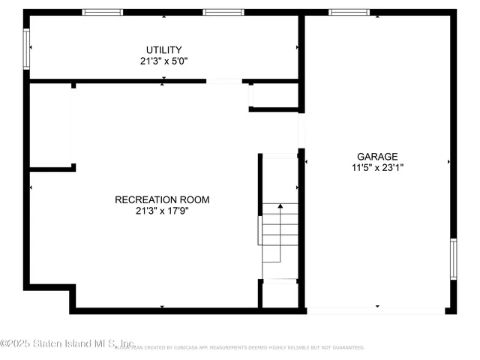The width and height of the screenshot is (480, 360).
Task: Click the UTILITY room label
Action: tap(163, 50)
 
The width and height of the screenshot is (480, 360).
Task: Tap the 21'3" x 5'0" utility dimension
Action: tap(163, 61)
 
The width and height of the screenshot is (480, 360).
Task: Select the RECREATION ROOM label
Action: tap(162, 199)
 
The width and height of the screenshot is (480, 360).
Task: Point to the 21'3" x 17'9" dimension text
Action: tap(162, 211)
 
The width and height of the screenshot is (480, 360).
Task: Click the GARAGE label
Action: tap(377, 157)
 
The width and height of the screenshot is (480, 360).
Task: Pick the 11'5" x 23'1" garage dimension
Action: tap(377, 168)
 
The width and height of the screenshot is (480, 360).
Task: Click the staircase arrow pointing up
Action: tap(280, 206)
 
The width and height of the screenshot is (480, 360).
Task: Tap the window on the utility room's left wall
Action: tap(27, 49)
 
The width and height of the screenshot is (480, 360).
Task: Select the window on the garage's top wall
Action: tap(349, 12)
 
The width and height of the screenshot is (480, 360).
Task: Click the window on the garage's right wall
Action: tap(453, 259)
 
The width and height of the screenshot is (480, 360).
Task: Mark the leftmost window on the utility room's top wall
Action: tap(102, 12)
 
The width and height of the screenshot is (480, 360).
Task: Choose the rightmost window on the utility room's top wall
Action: tap(223, 12)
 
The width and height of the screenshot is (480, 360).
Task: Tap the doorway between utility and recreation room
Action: tap(224, 81)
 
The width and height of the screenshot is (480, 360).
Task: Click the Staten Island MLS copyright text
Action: tap(67, 343)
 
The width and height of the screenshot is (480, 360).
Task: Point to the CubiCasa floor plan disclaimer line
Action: tap(240, 348)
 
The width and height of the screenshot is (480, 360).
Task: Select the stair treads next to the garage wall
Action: tap(279, 232)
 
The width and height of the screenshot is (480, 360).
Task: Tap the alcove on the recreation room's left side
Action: tap(51, 125)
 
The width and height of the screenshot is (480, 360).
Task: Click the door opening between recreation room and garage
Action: tap(301, 130)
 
